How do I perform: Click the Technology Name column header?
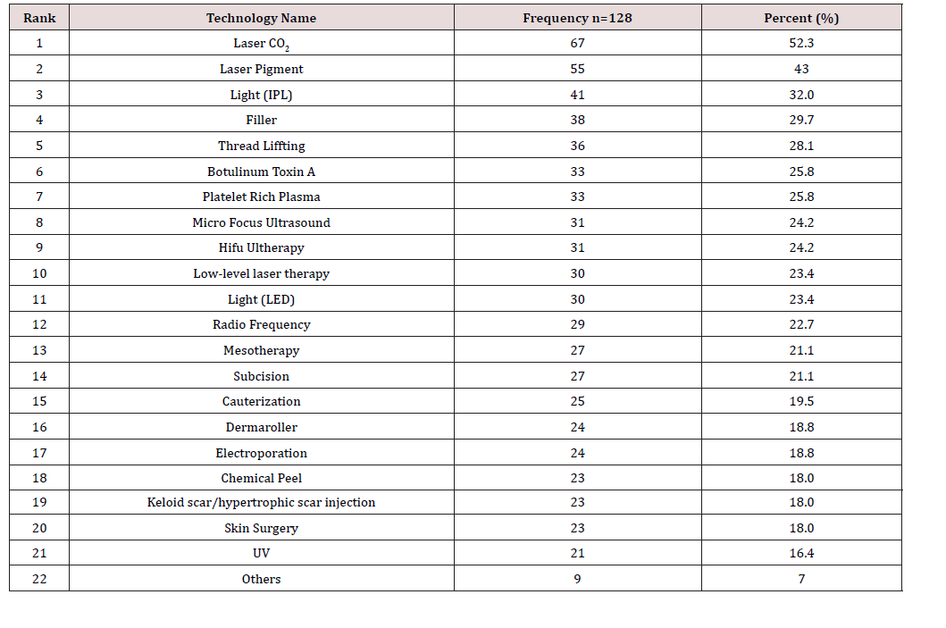[261, 18]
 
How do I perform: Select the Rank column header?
[39, 18]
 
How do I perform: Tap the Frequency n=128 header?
[577, 18]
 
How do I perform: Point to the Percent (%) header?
[801, 18]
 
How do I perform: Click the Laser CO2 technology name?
[261, 43]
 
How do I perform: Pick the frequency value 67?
[577, 43]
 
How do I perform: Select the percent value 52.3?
[801, 43]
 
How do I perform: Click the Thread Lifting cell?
[261, 146]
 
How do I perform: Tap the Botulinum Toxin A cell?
[261, 172]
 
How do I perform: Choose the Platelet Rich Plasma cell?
[261, 197]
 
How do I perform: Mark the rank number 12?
[39, 324]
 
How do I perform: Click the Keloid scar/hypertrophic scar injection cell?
[261, 502]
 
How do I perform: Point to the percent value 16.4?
[801, 553]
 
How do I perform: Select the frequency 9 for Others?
[577, 579]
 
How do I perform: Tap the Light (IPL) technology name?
[261, 95]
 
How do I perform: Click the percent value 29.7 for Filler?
[801, 120]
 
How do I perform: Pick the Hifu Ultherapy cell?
[261, 247]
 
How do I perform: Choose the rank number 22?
[39, 579]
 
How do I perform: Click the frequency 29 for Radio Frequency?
[577, 324]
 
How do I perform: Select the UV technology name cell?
[261, 553]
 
